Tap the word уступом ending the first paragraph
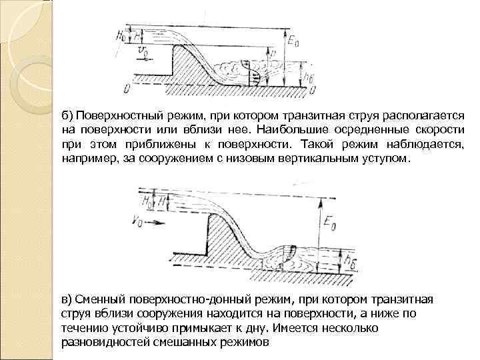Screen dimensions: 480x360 point(388,160)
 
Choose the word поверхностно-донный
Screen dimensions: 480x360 point(173,298)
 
